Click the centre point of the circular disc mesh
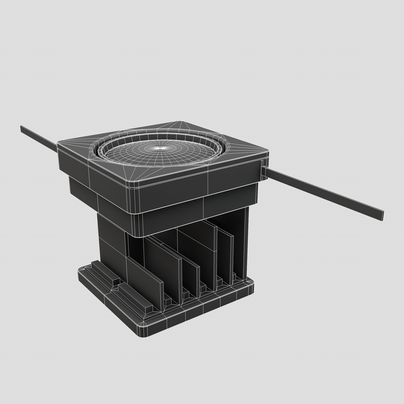tap(161, 148)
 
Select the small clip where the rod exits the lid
tap(263, 170)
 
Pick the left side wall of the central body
tap(111, 242)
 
